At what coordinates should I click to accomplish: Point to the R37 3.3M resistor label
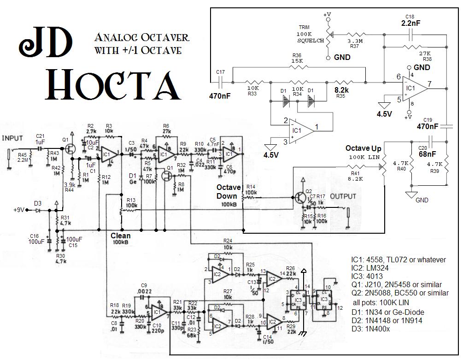[355, 43]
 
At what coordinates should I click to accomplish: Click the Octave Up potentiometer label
[363, 148]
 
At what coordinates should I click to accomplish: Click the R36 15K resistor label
[297, 58]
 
